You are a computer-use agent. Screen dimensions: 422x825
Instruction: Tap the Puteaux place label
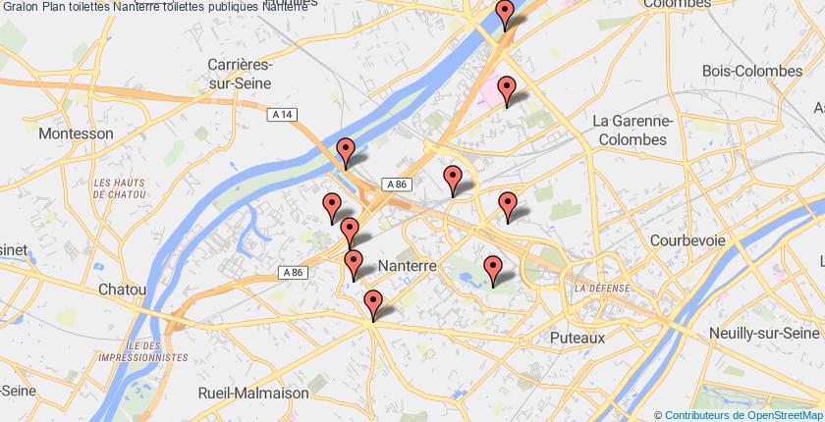[x=577, y=337]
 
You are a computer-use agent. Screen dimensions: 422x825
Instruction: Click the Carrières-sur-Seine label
[x=240, y=74]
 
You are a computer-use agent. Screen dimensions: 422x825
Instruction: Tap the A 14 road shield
[x=282, y=115]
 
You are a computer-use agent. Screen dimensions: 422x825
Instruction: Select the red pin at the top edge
[x=506, y=14]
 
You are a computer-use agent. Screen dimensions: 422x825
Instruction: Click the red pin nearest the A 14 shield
[x=345, y=151]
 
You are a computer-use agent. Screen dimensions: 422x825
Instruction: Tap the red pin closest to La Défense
[x=493, y=268]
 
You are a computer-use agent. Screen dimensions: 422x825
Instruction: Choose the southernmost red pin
[x=372, y=303]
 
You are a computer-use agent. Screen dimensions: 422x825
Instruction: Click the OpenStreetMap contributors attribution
[x=740, y=415]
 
